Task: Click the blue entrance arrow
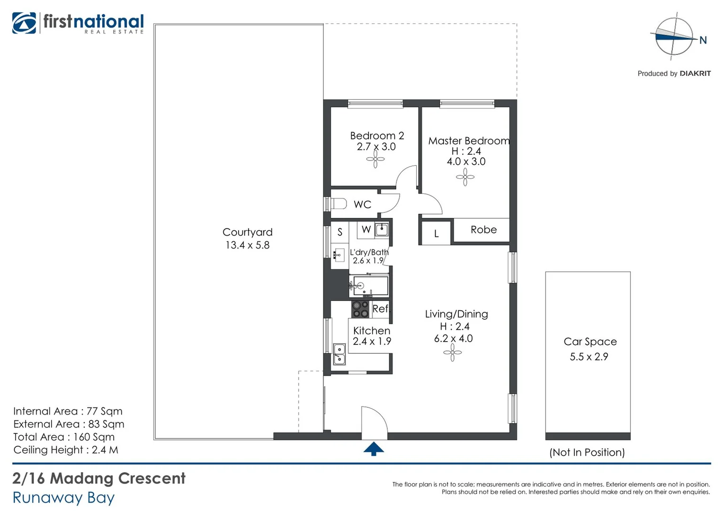coord(374,449)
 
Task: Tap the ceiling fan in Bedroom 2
coord(375,159)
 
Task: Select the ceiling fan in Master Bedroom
coord(465,178)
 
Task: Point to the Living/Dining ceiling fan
coord(452,352)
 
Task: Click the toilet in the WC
coord(338,204)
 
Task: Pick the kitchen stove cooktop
coord(360,309)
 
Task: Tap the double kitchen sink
coord(339,354)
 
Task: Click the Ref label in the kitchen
coord(380,309)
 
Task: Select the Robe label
coord(483,230)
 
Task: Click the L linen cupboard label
coord(436,234)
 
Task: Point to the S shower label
coord(339,232)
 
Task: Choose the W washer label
coord(366,230)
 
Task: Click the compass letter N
coord(703,40)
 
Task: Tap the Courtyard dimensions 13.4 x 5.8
coord(247,245)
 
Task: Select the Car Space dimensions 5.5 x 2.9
coord(589,357)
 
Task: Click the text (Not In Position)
coord(587,452)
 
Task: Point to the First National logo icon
coord(24,23)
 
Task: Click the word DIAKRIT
coord(695,73)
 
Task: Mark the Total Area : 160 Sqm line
coord(64,437)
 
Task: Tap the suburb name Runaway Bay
coord(63,498)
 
